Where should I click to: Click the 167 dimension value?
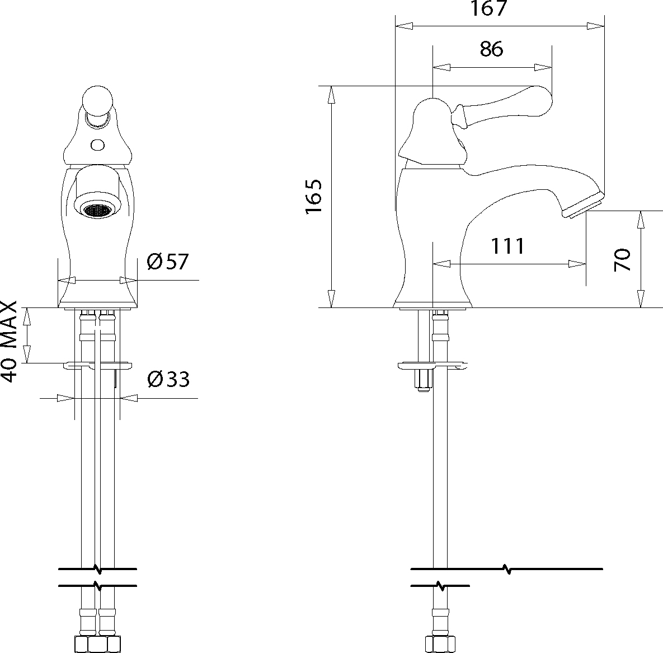[488, 8]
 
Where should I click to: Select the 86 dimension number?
[491, 49]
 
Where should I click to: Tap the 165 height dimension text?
[314, 197]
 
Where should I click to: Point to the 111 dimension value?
[507, 246]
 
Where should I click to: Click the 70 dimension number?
[622, 260]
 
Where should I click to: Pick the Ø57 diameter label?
[167, 262]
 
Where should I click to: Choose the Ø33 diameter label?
[168, 379]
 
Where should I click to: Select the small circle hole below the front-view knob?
[98, 144]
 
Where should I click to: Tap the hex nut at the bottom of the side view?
[440, 643]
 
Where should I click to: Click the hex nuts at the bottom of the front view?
[98, 643]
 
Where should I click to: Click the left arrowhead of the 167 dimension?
[404, 26]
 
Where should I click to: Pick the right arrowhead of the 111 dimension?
[577, 264]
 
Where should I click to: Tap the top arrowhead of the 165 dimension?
[331, 95]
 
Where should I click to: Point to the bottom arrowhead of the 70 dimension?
[641, 299]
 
